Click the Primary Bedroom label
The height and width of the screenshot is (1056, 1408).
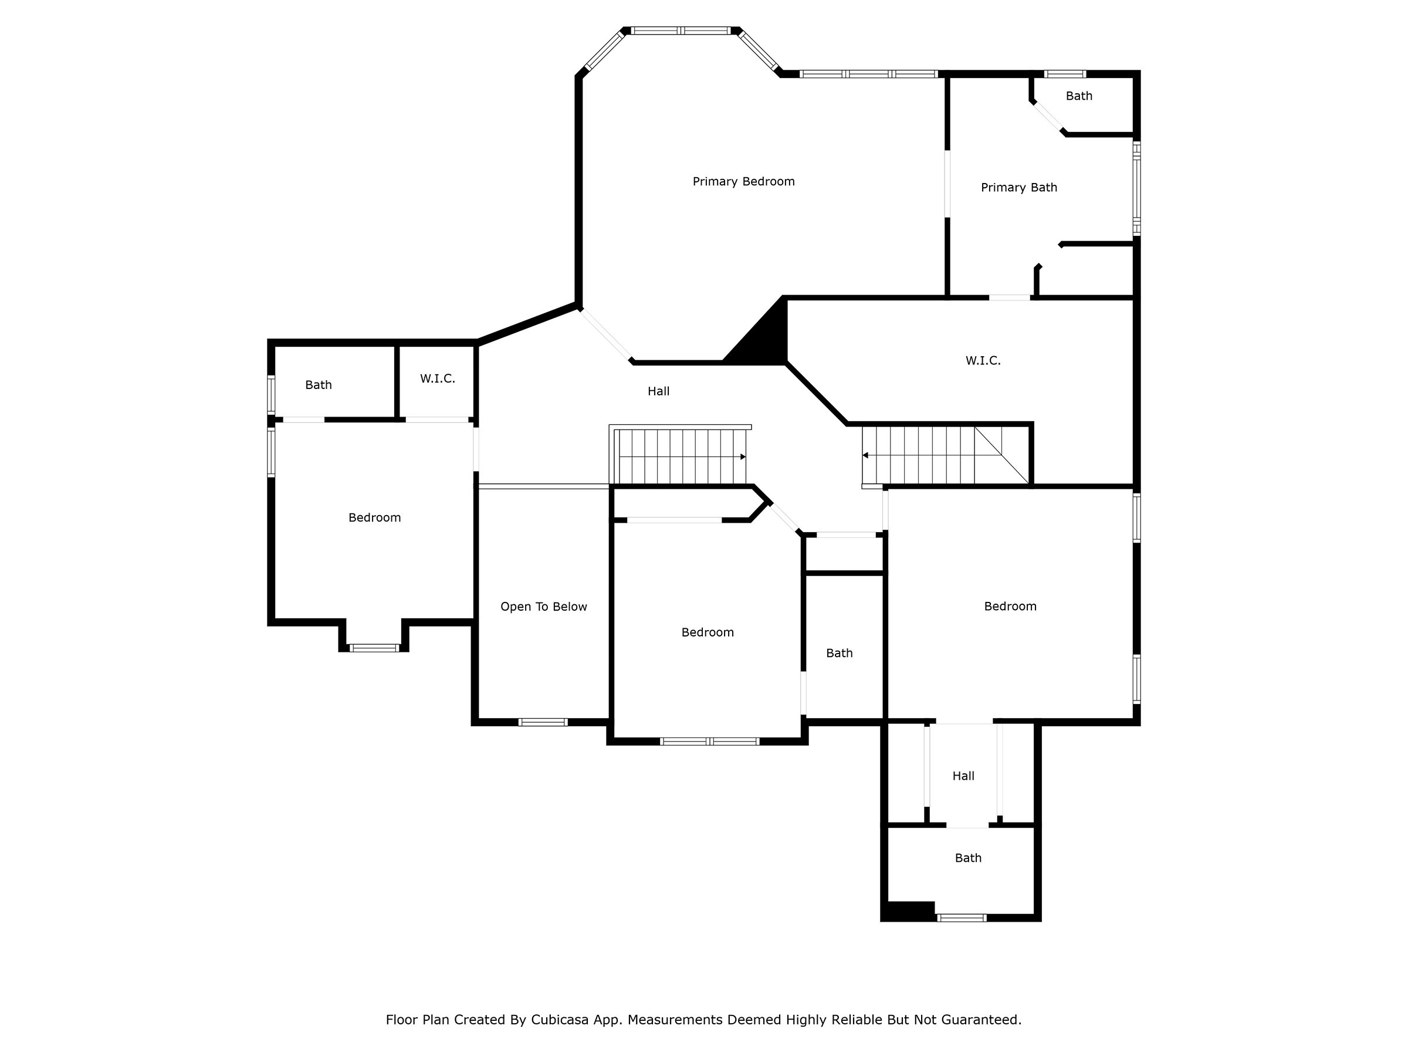(743, 181)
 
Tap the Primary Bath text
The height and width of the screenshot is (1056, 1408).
(1018, 187)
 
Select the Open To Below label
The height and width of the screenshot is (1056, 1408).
(544, 607)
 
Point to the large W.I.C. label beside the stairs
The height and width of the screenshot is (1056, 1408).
(983, 361)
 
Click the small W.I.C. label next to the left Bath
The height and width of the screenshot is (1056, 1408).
(437, 379)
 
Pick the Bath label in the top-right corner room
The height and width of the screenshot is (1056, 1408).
(1079, 96)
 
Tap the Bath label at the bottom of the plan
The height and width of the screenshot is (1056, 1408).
(968, 858)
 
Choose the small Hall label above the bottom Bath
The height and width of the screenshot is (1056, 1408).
(963, 776)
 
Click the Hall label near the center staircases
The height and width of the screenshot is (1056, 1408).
(658, 391)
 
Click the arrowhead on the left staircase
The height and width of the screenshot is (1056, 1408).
(743, 456)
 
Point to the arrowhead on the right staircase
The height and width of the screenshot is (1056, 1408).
(866, 455)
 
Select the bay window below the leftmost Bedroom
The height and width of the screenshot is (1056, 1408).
(374, 648)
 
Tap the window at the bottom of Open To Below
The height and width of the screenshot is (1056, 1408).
(542, 722)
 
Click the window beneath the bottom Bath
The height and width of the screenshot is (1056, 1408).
(961, 918)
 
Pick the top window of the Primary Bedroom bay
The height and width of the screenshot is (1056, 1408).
(681, 31)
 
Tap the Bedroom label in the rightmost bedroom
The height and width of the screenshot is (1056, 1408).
(1010, 607)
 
